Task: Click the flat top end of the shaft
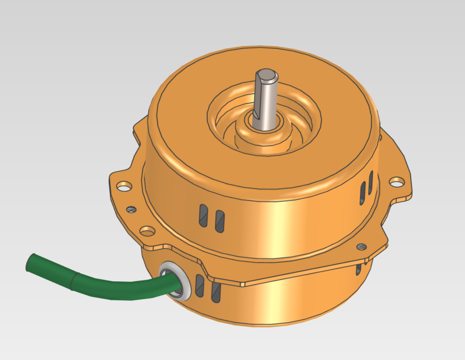click(267, 74)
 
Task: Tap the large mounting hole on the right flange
click(397, 182)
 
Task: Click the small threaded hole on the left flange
click(131, 209)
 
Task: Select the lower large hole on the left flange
click(147, 230)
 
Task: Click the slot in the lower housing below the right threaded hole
click(359, 270)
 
